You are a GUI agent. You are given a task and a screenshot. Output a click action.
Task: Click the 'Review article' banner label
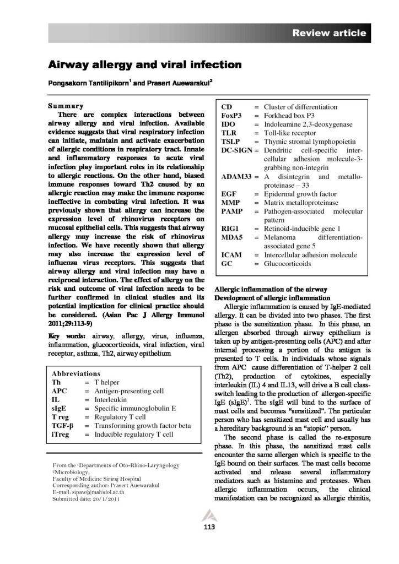(329, 33)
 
